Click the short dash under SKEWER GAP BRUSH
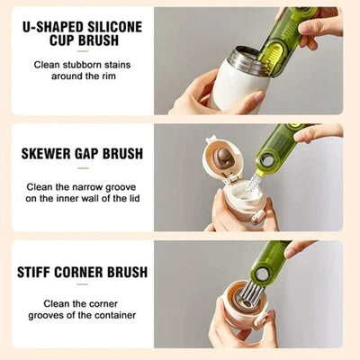[x=83, y=168]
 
